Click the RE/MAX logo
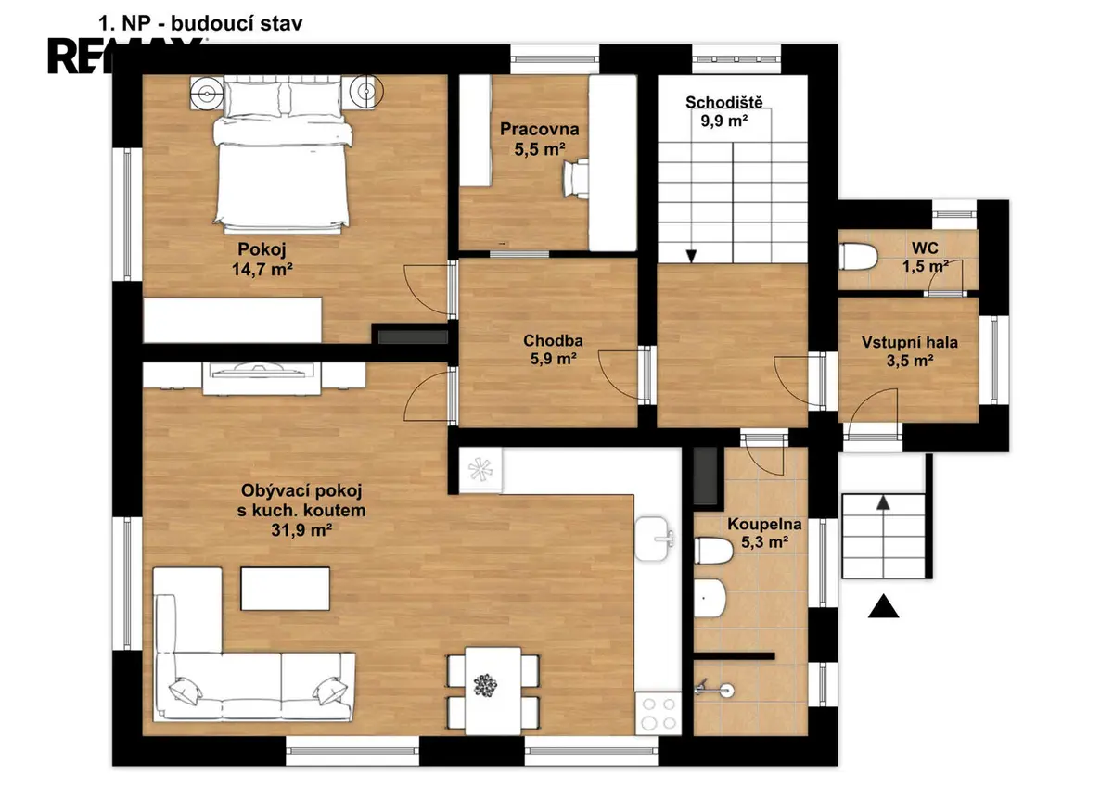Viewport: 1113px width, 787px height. [x=124, y=56]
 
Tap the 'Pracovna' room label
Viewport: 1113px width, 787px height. [x=539, y=129]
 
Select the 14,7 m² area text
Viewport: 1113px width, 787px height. [x=262, y=270]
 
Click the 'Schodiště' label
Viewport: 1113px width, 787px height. [x=724, y=102]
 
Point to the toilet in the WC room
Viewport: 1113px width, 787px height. [x=858, y=256]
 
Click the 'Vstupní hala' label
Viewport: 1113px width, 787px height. [x=909, y=342]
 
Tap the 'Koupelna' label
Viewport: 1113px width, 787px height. [x=764, y=524]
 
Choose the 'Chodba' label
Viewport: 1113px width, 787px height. [x=553, y=340]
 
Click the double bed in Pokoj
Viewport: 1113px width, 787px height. [x=283, y=155]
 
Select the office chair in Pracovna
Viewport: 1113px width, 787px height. [x=576, y=179]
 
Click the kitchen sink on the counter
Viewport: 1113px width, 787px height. [x=654, y=539]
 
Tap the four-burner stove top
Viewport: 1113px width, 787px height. [x=658, y=713]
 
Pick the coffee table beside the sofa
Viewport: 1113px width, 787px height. [x=286, y=589]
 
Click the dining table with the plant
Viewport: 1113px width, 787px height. [x=493, y=691]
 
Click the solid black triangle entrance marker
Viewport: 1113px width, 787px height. [x=883, y=606]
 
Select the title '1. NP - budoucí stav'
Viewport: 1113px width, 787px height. [x=200, y=23]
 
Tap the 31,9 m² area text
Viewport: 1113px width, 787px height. [x=301, y=530]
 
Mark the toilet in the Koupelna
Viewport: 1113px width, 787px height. [x=713, y=551]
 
